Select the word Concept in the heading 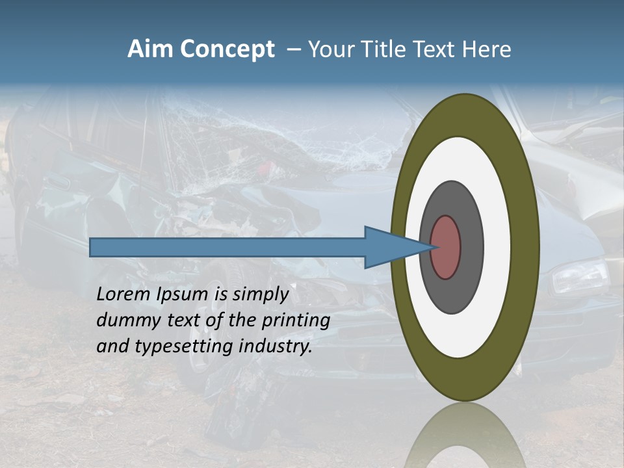[227, 49]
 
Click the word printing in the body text [296, 320]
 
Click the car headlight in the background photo [578, 276]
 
